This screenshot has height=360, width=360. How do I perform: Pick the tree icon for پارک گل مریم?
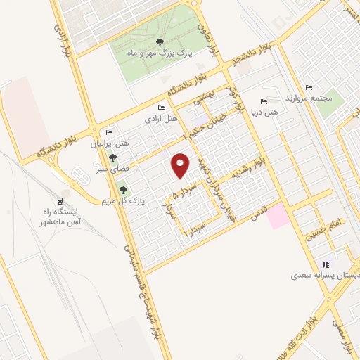[x=124, y=190]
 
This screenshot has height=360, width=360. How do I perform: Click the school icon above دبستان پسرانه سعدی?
[x=326, y=265]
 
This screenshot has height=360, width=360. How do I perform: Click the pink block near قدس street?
[x=277, y=215]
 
